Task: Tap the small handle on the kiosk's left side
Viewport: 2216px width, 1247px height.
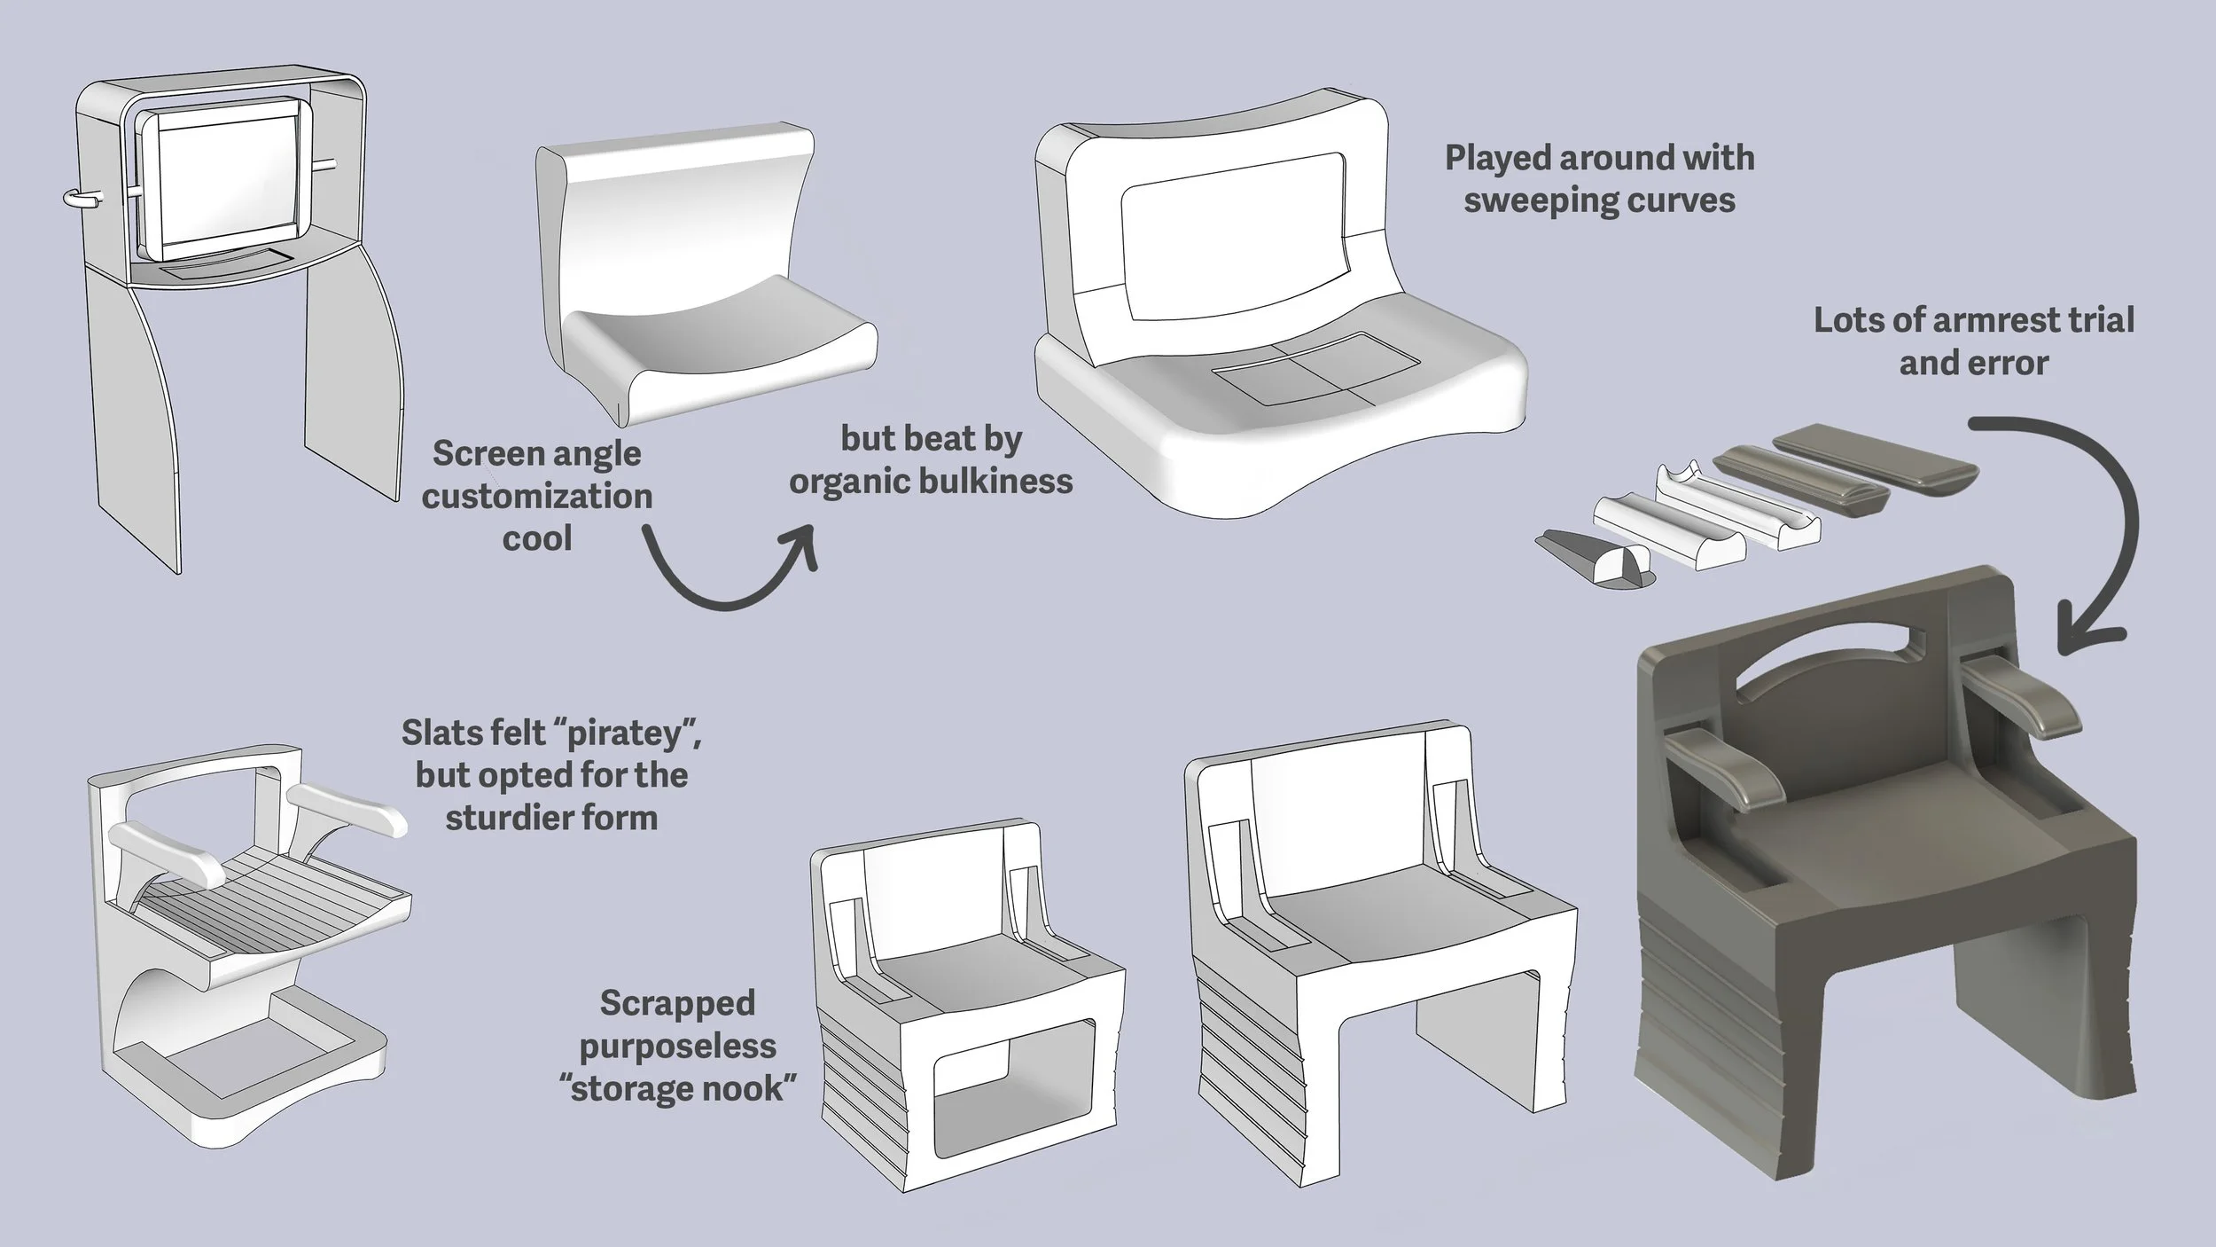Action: click(x=82, y=199)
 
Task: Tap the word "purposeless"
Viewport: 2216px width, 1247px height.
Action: click(x=678, y=1046)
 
